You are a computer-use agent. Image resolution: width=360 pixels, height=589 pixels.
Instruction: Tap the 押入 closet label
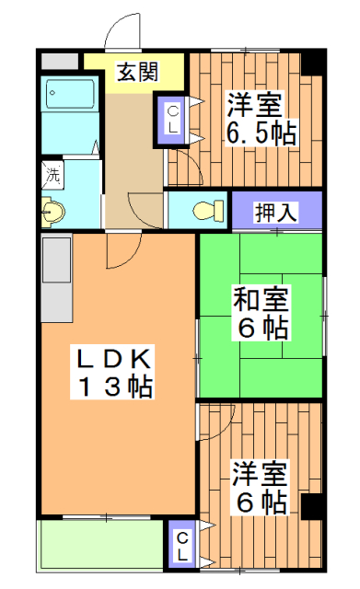coord(276,211)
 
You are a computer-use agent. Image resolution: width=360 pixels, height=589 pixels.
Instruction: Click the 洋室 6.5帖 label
coord(261,119)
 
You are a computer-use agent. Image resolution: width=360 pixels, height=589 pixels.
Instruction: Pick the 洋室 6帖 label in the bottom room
coord(259,489)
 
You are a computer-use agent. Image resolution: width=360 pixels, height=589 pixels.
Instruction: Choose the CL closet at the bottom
coord(183,546)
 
